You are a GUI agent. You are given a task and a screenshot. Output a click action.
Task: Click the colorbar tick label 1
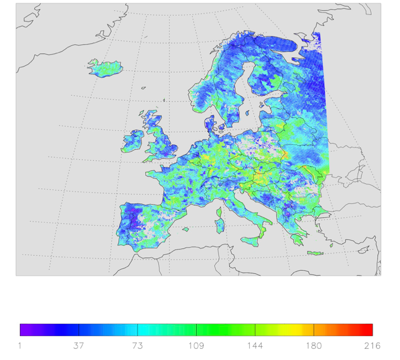pos(20,345)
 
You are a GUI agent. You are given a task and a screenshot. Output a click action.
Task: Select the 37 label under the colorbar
pos(79,345)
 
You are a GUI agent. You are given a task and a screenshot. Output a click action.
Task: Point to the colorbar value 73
pos(138,345)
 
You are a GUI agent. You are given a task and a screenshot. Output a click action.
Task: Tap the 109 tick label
pos(196,345)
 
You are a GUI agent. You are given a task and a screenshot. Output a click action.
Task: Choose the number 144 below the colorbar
pos(255,345)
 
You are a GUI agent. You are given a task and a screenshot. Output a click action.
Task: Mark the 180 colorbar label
pos(314,345)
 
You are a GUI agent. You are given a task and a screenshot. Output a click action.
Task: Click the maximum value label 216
pos(372,345)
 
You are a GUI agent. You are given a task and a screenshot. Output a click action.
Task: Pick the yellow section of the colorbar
pos(300,329)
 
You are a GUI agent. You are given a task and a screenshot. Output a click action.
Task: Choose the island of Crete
pos(315,253)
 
